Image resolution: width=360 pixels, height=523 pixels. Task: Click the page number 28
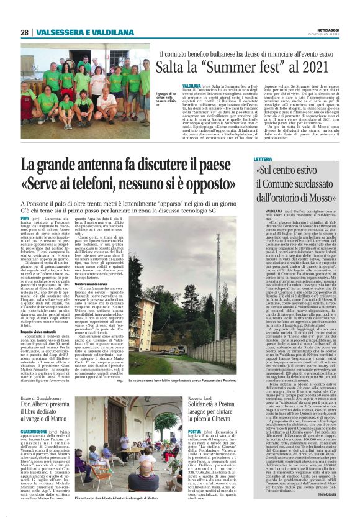pyautogui.click(x=24, y=32)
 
